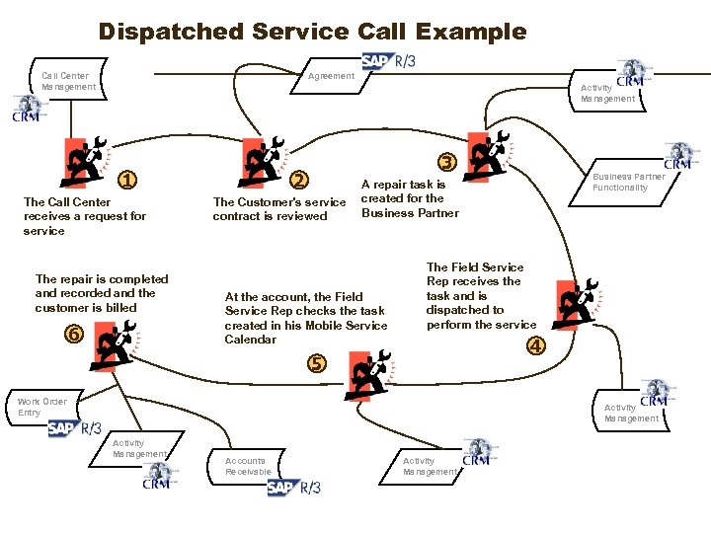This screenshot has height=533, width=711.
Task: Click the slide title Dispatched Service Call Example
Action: (x=312, y=32)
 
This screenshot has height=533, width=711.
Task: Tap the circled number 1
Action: (x=127, y=180)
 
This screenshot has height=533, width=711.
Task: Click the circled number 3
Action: (x=445, y=163)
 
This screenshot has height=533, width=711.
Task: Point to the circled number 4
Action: (x=535, y=345)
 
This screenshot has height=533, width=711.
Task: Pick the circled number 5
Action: (x=316, y=362)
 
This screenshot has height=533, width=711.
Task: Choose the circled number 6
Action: (x=74, y=334)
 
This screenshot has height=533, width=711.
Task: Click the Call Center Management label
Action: (x=68, y=81)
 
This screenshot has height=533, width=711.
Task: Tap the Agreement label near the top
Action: (x=331, y=76)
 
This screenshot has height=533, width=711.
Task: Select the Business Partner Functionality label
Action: (x=629, y=182)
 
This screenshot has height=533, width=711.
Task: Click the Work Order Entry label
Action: (x=42, y=407)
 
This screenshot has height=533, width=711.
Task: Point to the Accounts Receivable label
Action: (x=247, y=466)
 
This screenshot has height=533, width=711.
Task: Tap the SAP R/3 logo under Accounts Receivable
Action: (x=294, y=488)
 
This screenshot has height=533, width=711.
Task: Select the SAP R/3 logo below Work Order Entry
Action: (x=75, y=427)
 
